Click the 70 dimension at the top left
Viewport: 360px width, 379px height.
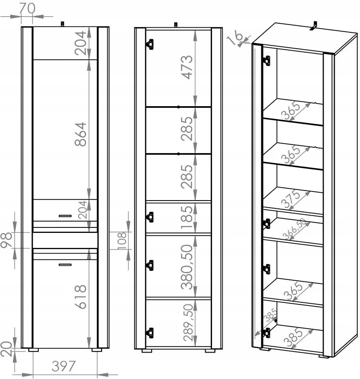[27, 8]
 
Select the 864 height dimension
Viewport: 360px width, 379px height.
[81, 134]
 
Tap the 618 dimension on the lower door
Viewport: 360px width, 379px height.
[81, 297]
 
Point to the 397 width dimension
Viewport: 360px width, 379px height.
[64, 366]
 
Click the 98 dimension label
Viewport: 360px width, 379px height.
[6, 240]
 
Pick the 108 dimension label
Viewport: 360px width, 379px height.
[122, 241]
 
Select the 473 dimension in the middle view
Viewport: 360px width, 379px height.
[187, 68]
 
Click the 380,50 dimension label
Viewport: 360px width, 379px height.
[187, 267]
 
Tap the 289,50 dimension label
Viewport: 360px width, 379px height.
[188, 323]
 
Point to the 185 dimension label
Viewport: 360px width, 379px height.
[187, 217]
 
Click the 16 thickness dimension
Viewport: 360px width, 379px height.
[236, 37]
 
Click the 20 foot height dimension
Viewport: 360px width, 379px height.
[6, 349]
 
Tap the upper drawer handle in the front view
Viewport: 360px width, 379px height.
[65, 216]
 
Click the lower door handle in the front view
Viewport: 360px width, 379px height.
[65, 265]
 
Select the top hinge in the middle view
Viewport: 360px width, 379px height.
[150, 45]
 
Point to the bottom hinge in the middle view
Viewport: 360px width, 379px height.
[150, 333]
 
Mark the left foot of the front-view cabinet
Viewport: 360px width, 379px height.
[33, 350]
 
